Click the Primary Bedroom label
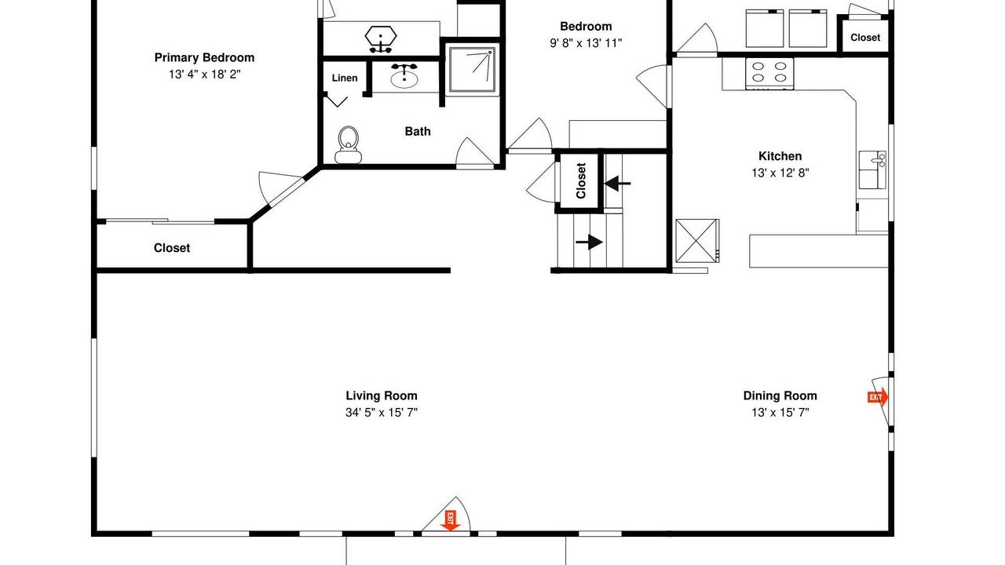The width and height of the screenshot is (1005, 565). pos(204,58)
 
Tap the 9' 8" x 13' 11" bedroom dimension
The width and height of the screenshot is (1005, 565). pos(586,43)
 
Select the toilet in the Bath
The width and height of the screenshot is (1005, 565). pos(348,145)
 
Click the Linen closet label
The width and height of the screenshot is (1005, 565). pos(345,78)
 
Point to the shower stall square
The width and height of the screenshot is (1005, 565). pos(473,70)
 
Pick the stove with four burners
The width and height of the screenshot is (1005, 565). pos(769,74)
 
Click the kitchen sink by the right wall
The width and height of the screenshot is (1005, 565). pos(872,170)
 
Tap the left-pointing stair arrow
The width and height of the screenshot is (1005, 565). pos(617,184)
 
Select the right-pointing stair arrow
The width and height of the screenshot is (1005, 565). pos(589,242)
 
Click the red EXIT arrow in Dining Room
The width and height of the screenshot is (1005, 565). pos(878,397)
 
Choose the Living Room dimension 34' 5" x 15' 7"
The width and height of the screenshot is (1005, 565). pos(382,413)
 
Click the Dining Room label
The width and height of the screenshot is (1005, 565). pos(780,396)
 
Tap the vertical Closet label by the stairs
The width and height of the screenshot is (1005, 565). pos(581,180)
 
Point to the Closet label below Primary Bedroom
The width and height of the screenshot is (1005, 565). pos(172,248)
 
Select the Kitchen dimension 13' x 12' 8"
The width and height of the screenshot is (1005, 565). pos(780,173)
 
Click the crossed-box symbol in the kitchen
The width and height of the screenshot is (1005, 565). pos(696,241)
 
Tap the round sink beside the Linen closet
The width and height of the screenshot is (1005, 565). pos(404,77)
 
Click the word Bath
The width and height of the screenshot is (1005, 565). pos(418,131)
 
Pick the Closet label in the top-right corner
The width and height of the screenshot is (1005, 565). pos(865,38)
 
